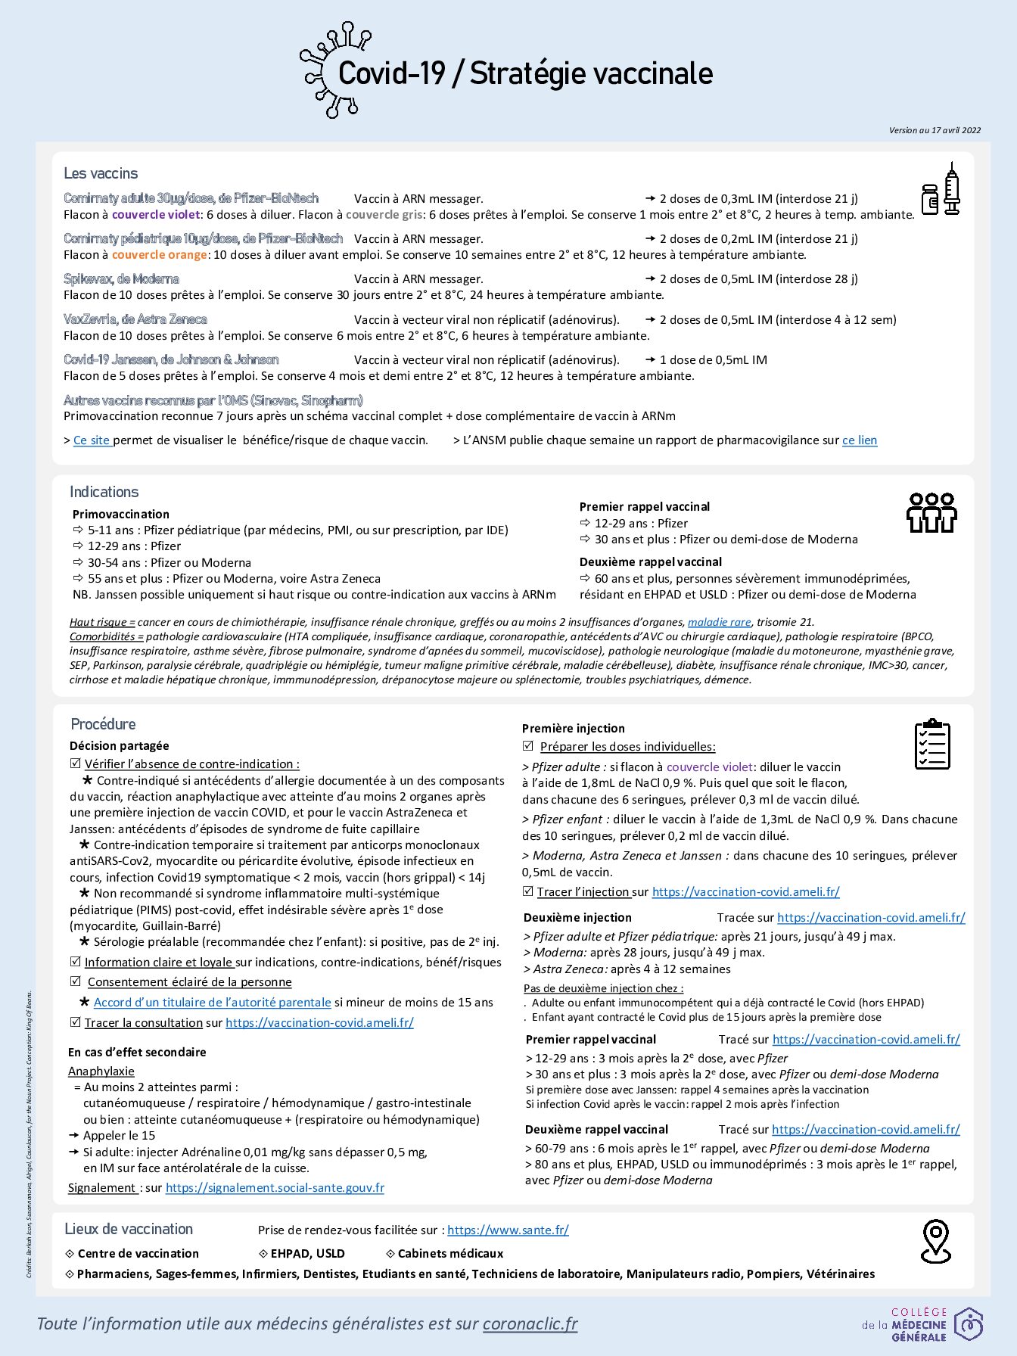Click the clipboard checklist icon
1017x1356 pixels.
point(932,745)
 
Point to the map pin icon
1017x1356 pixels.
point(935,1242)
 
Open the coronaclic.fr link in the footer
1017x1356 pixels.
point(530,1323)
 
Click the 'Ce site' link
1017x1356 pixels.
point(92,440)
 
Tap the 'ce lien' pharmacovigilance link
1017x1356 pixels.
point(860,440)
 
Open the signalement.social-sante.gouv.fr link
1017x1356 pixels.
point(275,1188)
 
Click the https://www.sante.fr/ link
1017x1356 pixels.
point(508,1230)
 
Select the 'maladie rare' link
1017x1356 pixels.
point(719,622)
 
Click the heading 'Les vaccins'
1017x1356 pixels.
point(101,173)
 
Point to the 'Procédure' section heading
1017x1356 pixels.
point(104,724)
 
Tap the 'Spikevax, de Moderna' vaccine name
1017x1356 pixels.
point(121,278)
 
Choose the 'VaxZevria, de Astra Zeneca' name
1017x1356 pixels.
point(135,319)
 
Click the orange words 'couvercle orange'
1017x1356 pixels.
point(160,255)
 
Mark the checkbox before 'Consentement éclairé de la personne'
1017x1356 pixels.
point(76,981)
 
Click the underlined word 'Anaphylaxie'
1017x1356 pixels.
point(101,1071)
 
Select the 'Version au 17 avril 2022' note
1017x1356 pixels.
point(935,130)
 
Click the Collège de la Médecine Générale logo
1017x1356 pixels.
point(922,1324)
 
